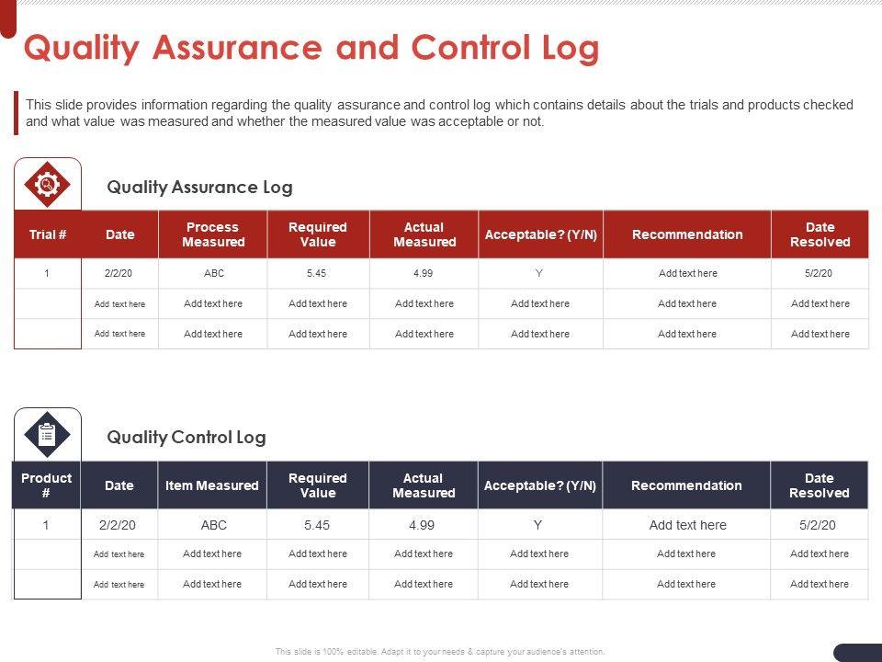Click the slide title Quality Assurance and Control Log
(x=311, y=48)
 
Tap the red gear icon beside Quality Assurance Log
(x=48, y=184)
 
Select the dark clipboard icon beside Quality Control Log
(x=48, y=434)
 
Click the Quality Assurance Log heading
(x=199, y=188)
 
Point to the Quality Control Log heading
(x=187, y=438)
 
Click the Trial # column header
(x=48, y=234)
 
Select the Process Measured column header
(x=213, y=234)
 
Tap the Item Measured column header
(x=212, y=485)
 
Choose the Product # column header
(x=46, y=485)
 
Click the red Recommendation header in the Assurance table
(x=687, y=234)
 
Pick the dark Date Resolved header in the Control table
(x=820, y=485)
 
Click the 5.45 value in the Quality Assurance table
(x=318, y=273)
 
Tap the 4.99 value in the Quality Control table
(x=424, y=525)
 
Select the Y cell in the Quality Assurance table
(x=539, y=273)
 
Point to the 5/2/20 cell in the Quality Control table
(x=820, y=525)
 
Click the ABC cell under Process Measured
(x=213, y=273)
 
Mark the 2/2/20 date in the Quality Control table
(x=118, y=525)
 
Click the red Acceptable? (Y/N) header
(x=540, y=234)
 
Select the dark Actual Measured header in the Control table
(x=424, y=485)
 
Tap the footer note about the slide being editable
(x=440, y=651)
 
